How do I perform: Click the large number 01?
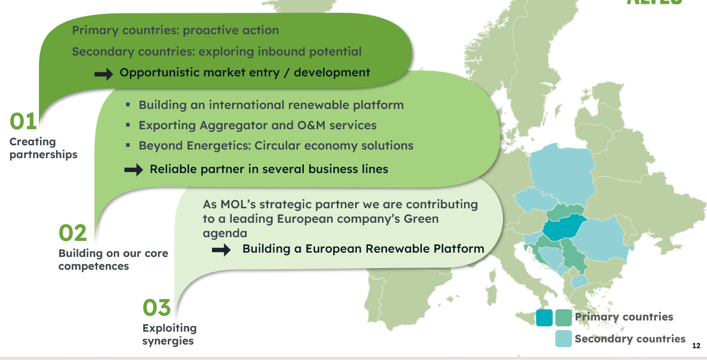point(23,121)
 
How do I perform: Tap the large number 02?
point(73,233)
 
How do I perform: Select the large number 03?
point(156,308)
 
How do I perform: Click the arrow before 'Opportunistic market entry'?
point(104,74)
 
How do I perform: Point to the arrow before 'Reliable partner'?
point(134,169)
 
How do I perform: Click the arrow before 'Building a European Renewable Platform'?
point(221,250)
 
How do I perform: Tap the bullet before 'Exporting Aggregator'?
point(128,125)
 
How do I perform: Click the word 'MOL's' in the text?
point(238,205)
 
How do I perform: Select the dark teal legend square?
point(544,317)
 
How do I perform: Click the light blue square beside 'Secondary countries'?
point(563,339)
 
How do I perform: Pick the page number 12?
point(696,346)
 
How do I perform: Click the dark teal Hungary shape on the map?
point(563,228)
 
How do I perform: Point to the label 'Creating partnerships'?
point(43,148)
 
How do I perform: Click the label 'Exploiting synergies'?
point(169,334)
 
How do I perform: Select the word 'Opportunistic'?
point(160,73)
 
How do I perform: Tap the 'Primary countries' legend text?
point(624,317)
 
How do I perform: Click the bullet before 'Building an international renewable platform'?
point(128,105)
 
